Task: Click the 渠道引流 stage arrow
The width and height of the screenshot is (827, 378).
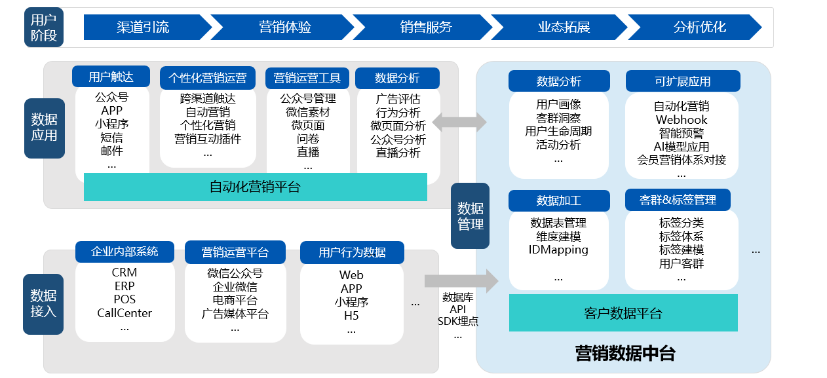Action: (x=143, y=28)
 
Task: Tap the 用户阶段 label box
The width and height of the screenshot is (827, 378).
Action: (x=44, y=28)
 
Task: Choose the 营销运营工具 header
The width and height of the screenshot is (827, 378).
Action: (x=307, y=78)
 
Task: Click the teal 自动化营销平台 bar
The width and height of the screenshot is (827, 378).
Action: (x=255, y=187)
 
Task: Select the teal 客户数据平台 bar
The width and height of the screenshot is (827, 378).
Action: (x=623, y=313)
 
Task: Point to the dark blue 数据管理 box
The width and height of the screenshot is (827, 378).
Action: (x=470, y=216)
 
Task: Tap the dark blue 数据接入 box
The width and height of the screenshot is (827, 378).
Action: (x=43, y=303)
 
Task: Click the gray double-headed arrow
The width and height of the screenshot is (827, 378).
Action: (x=459, y=122)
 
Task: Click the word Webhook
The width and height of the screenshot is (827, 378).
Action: (x=682, y=119)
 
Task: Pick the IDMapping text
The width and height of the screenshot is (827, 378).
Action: (x=558, y=250)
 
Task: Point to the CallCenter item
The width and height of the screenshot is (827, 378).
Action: (x=125, y=313)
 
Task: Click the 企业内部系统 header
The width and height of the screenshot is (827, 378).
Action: (x=125, y=252)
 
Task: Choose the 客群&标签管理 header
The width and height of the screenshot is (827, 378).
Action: (x=678, y=200)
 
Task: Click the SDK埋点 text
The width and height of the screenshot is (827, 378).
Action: (x=457, y=321)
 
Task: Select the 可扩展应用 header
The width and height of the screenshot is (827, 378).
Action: (x=682, y=81)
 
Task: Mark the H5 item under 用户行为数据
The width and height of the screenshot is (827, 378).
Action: (x=351, y=316)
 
